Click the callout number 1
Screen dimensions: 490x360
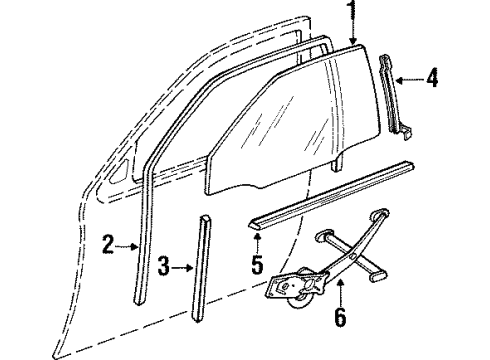pos(352,13)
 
